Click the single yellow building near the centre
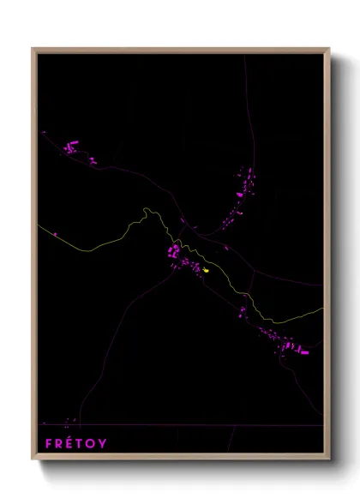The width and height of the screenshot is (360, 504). pyautogui.click(x=206, y=270)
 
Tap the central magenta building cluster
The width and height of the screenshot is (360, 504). pyautogui.click(x=175, y=252)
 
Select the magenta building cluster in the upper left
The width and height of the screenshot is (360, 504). pyautogui.click(x=73, y=149)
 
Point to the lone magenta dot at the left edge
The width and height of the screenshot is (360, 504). pyautogui.click(x=55, y=232)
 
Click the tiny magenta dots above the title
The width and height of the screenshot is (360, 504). pyautogui.click(x=70, y=420)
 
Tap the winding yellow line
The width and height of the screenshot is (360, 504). pyautogui.click(x=103, y=240)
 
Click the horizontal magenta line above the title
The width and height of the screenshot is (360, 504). pyautogui.click(x=171, y=425)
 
